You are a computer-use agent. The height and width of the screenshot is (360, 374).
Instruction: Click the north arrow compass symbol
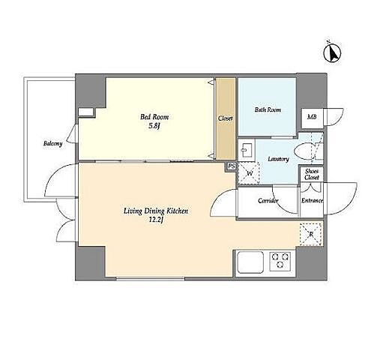coord(332,53)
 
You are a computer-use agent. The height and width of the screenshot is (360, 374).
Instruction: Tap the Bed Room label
coord(154,117)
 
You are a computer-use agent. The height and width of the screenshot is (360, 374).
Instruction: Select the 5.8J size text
coord(154,126)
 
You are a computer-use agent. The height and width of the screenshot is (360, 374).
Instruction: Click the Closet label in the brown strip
coord(226,118)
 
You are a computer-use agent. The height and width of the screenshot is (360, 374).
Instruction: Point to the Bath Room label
coord(268,109)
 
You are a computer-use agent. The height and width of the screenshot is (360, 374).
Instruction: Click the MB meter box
coord(312,118)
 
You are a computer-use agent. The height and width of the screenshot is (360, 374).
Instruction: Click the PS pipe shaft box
coord(232,166)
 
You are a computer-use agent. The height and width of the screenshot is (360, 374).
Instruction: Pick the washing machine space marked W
coord(249,173)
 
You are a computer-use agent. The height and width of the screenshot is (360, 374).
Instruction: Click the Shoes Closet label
coord(312,174)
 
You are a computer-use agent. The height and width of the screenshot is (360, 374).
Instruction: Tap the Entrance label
coord(312,200)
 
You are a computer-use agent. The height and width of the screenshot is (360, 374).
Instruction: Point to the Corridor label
coord(268,200)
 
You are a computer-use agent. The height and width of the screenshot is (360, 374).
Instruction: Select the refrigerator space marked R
coord(310,234)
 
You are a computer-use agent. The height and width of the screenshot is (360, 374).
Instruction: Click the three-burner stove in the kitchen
coord(280,261)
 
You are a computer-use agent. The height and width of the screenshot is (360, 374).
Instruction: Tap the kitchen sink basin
coord(250,262)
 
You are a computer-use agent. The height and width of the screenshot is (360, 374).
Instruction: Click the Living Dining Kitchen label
coord(156,211)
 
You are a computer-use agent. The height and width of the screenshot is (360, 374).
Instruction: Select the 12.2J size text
coord(156,220)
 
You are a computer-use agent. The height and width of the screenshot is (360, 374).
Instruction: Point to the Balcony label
coord(52,143)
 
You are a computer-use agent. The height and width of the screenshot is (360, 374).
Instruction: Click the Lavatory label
coord(278,159)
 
